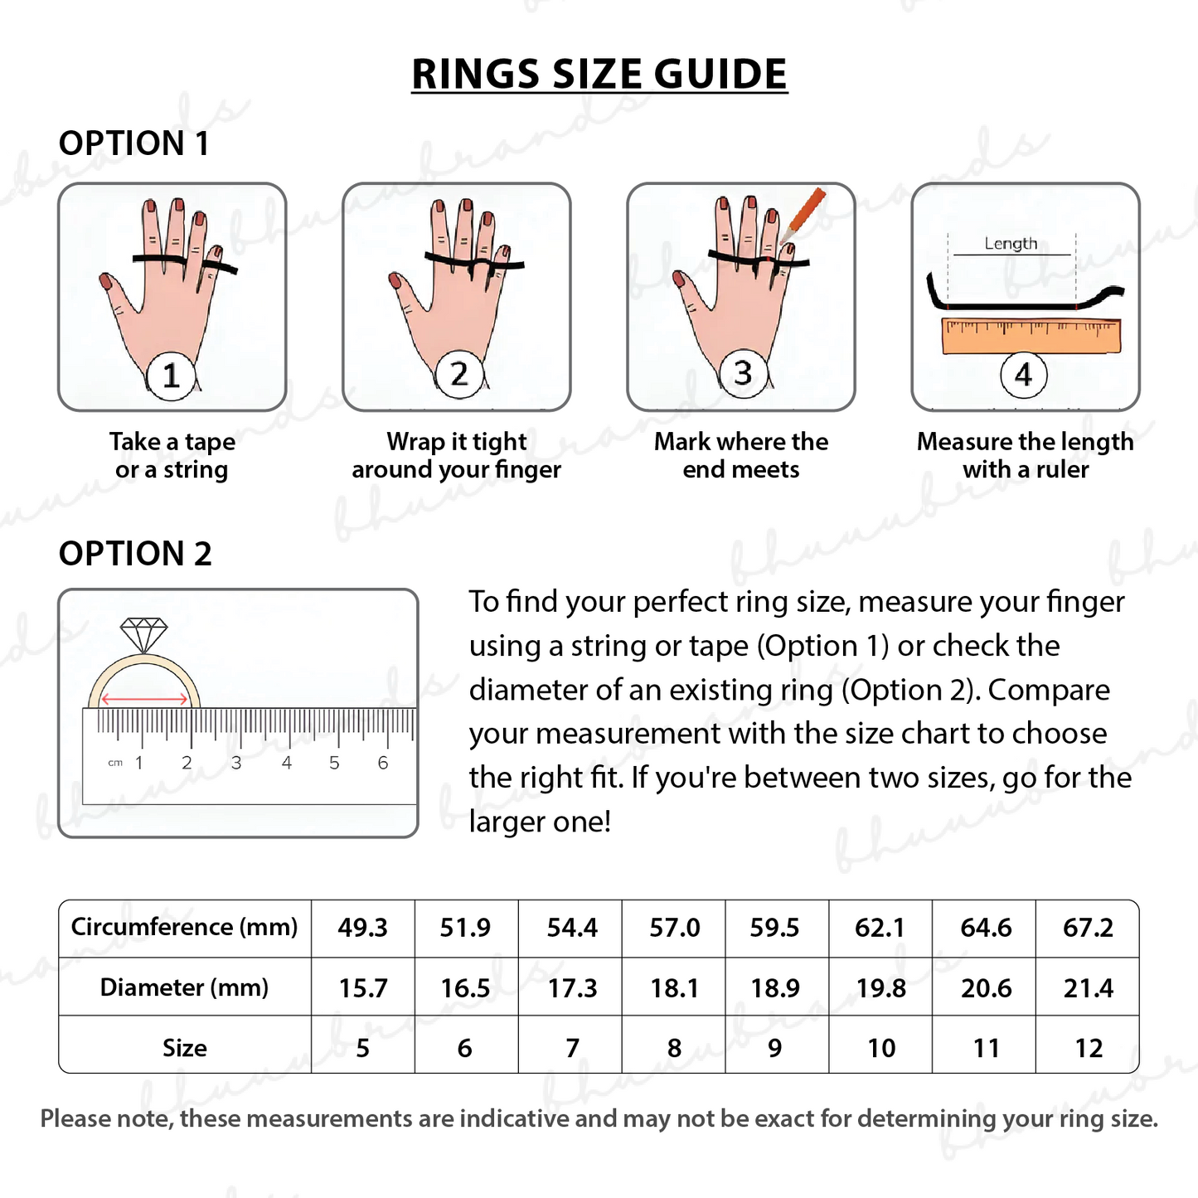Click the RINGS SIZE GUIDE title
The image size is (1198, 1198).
pyautogui.click(x=599, y=75)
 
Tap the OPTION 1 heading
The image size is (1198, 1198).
pyautogui.click(x=133, y=143)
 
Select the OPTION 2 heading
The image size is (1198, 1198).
pyautogui.click(x=135, y=554)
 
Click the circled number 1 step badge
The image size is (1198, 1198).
pyautogui.click(x=171, y=376)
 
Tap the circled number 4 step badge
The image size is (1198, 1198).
pyautogui.click(x=1023, y=375)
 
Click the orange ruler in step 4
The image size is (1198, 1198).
pyautogui.click(x=1031, y=336)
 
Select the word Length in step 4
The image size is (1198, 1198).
pyautogui.click(x=1011, y=243)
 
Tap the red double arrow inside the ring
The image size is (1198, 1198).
pyautogui.click(x=144, y=700)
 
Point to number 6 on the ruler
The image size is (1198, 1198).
pyautogui.click(x=383, y=763)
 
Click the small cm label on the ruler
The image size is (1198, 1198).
pyautogui.click(x=115, y=763)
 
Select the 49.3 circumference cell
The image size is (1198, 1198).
pyautogui.click(x=362, y=928)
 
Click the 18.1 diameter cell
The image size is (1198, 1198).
pyautogui.click(x=674, y=988)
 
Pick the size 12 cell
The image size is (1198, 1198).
pyautogui.click(x=1088, y=1049)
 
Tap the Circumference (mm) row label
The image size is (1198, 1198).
pyautogui.click(x=184, y=927)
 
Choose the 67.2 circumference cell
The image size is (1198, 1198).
pyautogui.click(x=1088, y=928)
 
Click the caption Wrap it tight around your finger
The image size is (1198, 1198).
pyautogui.click(x=456, y=455)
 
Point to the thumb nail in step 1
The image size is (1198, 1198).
pyautogui.click(x=106, y=282)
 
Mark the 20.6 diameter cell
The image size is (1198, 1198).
pyautogui.click(x=985, y=988)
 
